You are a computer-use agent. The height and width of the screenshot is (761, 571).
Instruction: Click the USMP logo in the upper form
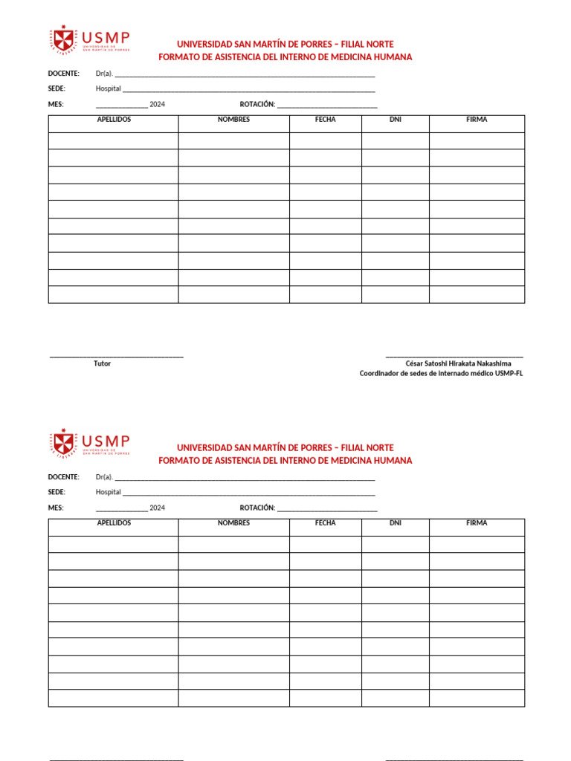tap(89, 39)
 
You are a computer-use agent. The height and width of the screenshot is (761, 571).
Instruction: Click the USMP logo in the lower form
tap(89, 443)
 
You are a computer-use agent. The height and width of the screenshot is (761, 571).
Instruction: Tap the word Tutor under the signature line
tap(102, 363)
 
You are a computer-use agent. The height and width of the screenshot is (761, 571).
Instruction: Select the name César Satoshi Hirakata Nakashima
tap(458, 363)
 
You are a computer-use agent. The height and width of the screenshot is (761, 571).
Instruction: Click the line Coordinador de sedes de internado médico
tap(441, 374)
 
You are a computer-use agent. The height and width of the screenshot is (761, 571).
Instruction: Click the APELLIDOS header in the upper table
tap(114, 120)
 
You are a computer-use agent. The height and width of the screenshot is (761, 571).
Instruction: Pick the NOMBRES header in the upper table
tap(233, 120)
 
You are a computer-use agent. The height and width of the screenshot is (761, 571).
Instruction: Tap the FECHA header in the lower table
tap(325, 523)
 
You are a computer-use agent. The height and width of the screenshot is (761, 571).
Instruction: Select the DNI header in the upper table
tap(395, 120)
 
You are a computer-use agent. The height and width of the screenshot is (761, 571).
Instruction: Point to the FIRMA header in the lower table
tap(477, 523)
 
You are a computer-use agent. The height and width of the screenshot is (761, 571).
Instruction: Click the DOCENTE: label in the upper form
tap(63, 74)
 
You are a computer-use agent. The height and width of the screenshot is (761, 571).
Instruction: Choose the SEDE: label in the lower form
tap(57, 492)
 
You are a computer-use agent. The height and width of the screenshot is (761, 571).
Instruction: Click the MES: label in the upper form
tap(56, 104)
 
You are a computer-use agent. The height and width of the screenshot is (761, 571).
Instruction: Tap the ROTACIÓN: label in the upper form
tap(257, 104)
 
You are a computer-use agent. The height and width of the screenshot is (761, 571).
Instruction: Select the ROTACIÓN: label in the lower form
tap(257, 508)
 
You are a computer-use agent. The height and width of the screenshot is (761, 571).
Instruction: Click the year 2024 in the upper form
tap(157, 104)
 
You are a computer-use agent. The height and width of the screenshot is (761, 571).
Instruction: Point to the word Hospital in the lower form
tap(108, 492)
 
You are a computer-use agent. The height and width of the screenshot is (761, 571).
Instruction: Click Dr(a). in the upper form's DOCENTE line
tap(104, 74)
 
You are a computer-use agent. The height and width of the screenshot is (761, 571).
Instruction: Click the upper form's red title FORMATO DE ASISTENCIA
tap(285, 57)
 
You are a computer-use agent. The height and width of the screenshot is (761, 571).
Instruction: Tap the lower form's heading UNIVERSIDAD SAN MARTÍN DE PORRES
tap(285, 447)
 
